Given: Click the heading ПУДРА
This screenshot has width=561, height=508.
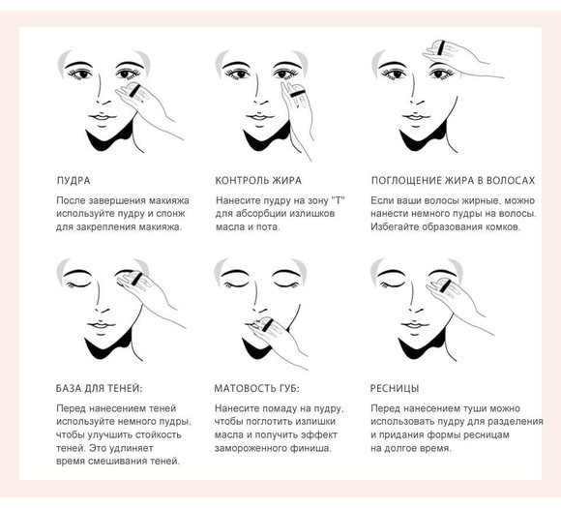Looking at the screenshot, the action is point(74,180).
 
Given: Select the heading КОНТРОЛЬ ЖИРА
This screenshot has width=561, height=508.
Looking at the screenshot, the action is point(258,180).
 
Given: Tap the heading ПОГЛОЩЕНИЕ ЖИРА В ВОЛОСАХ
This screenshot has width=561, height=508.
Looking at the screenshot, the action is point(453,180).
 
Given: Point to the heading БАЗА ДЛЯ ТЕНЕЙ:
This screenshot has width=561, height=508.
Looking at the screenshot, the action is point(99,388).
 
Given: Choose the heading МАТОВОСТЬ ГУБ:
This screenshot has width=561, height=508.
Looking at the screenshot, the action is point(256,388).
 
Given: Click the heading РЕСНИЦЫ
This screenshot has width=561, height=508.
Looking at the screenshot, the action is point(395,388).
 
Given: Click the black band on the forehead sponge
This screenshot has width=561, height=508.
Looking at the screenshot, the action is point(441,47).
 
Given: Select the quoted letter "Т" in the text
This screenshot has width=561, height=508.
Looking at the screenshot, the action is point(338,200).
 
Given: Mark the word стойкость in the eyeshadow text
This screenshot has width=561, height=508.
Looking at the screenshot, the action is point(159,435).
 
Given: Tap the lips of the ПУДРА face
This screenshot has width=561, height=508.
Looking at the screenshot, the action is point(103,117).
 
